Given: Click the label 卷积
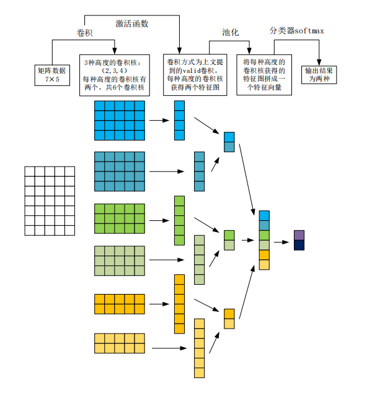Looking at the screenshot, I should (84, 32).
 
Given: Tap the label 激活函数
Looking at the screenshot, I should (132, 24).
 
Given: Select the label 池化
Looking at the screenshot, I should (231, 32).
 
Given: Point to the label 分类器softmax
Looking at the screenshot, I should (296, 30).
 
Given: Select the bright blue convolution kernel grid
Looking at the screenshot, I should (120, 121).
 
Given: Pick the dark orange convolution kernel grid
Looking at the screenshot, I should (120, 304).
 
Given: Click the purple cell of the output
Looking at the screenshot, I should (299, 235).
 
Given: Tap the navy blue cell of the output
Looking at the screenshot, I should (299, 245).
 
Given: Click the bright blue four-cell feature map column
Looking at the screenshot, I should (179, 120).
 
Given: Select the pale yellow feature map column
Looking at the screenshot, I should (199, 348).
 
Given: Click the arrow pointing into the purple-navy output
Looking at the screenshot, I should (281, 240).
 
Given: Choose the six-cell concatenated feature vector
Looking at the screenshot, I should (264, 240).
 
